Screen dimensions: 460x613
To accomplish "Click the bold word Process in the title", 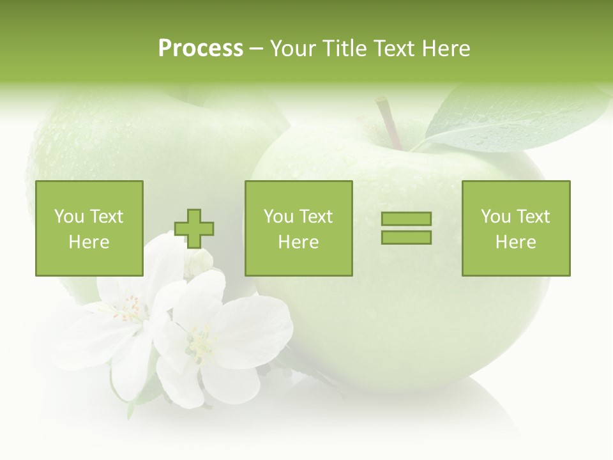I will click(201, 49).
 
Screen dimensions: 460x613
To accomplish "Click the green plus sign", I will click(194, 229).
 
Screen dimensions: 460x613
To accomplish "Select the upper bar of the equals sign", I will click(406, 218).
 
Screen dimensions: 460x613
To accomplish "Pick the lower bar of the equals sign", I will click(406, 237).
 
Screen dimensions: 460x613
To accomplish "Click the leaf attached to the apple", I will click(511, 118).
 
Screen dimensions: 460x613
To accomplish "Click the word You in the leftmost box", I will click(69, 217).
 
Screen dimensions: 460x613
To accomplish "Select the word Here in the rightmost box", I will click(516, 242).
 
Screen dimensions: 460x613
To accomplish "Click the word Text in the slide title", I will click(393, 49).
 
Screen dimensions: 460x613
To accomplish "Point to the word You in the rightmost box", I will click(496, 217).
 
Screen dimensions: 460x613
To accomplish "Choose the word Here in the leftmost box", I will click(89, 242).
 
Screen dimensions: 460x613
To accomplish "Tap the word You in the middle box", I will click(278, 217).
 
